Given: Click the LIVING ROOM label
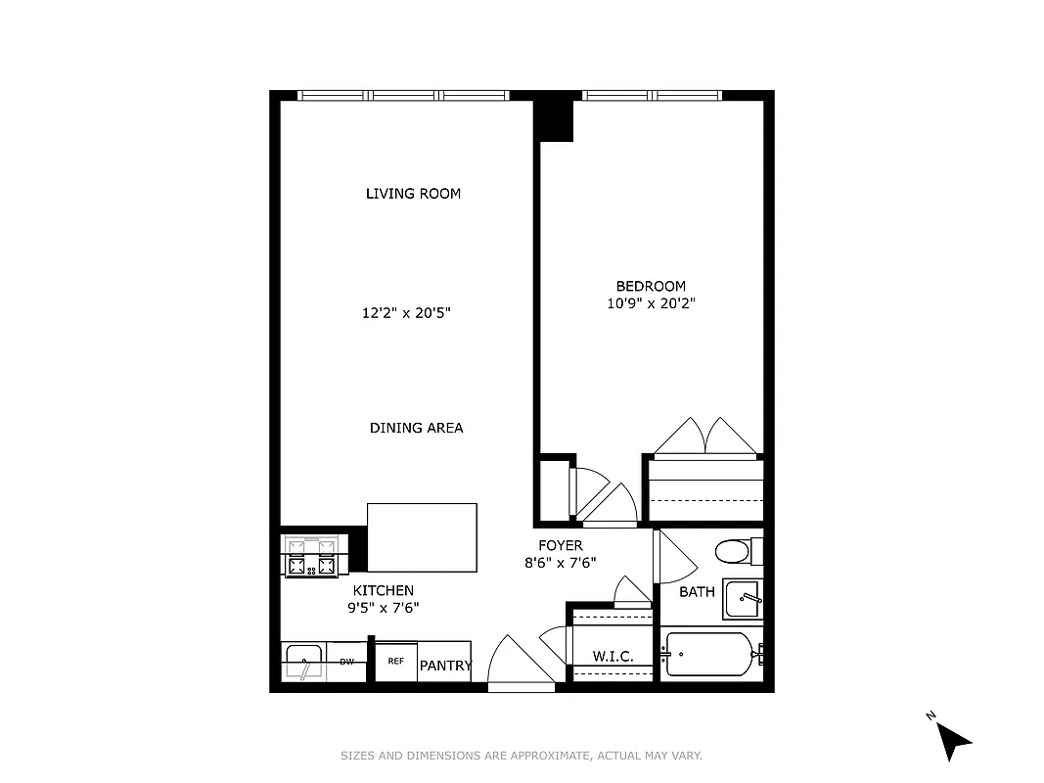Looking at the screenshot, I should [413, 194].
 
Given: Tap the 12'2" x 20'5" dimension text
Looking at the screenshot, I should [406, 313].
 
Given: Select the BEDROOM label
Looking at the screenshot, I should [650, 286].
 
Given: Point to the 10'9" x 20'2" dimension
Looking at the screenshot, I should [650, 303].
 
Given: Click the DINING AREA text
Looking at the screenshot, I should [416, 428].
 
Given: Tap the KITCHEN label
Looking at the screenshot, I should [383, 590].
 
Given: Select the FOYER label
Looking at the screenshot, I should [560, 545].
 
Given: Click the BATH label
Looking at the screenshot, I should [697, 592].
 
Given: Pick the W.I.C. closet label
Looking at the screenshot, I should [613, 656].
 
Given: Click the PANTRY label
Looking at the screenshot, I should [445, 666].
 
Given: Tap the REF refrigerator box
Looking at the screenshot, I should [396, 662].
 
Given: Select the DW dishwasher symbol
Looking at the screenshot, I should [346, 663].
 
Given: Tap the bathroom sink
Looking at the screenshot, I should [743, 598].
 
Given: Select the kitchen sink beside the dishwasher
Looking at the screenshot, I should [304, 663].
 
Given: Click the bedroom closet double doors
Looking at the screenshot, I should [704, 438].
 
